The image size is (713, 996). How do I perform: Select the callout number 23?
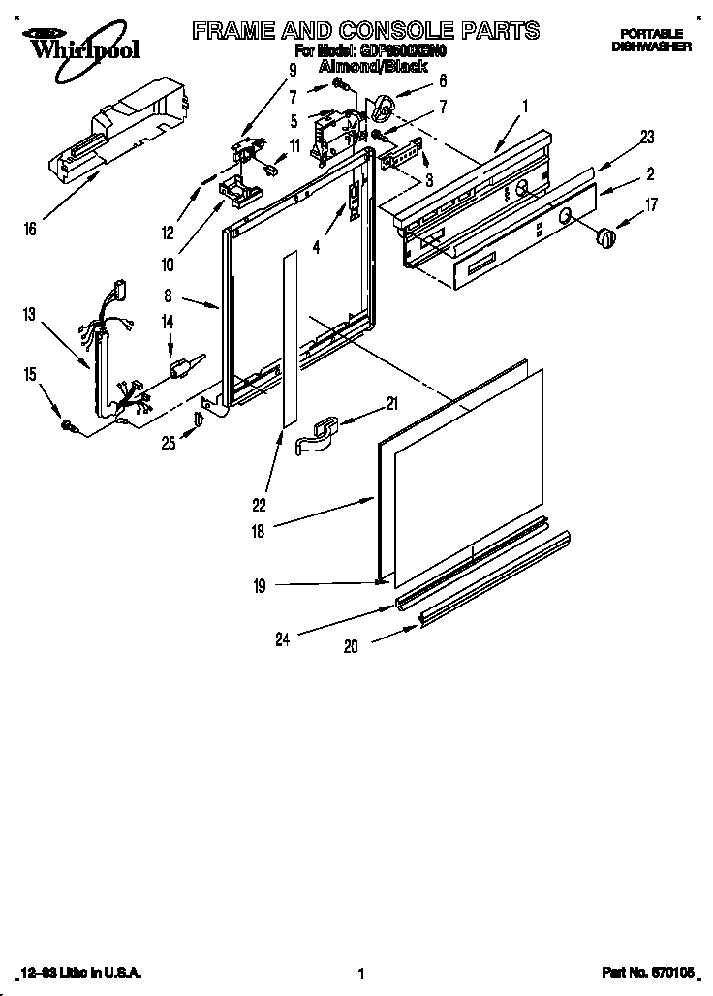point(646,138)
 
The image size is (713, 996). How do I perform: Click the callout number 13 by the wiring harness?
point(30,313)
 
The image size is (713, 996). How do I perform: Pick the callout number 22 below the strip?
point(259,504)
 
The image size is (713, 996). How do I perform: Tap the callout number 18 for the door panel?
point(258,531)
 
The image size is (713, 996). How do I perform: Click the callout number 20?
point(350,647)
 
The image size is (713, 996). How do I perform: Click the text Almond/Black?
point(373,65)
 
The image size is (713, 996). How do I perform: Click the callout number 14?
point(168,321)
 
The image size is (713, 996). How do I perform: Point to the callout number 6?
point(443,80)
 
